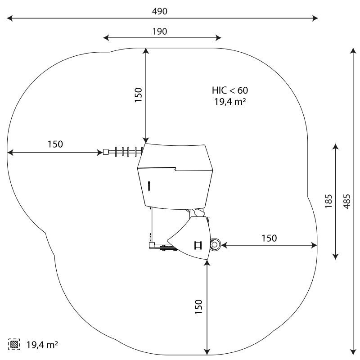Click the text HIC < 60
click(229, 90)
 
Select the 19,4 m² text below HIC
click(229, 102)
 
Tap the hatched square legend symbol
click(14, 345)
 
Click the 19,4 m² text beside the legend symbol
click(42, 345)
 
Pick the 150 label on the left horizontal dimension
click(55, 144)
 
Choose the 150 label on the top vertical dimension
click(138, 95)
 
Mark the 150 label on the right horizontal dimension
click(269, 238)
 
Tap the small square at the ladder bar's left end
click(106, 152)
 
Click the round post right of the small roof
click(215, 245)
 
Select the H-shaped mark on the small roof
click(198, 245)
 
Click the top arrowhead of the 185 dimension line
click(335, 146)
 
